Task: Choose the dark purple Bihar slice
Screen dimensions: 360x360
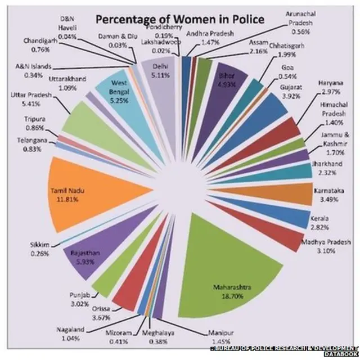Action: pos(225,82)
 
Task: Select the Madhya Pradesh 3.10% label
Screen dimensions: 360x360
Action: pos(329,246)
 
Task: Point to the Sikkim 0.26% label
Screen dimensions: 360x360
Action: pos(39,249)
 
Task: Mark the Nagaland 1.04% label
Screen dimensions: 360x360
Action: pos(70,333)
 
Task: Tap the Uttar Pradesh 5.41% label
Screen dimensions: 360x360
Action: pos(30,99)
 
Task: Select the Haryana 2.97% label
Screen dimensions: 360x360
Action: pos(330,88)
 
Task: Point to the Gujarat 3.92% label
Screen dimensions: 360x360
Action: pos(291,91)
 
